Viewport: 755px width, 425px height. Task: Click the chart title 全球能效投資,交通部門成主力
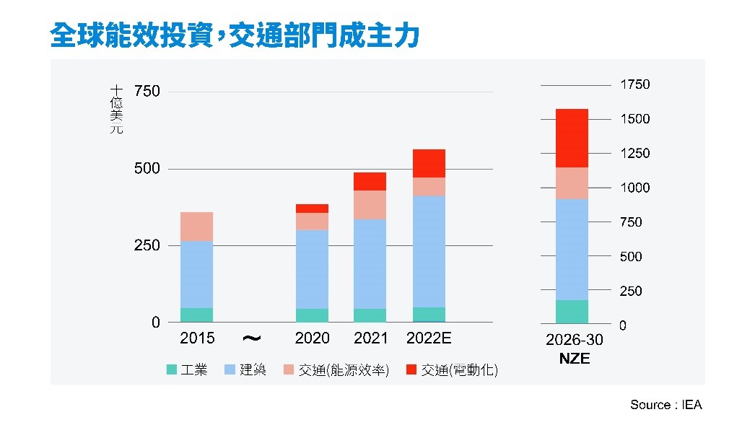click(235, 35)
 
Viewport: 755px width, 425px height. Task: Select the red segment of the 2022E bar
click(429, 163)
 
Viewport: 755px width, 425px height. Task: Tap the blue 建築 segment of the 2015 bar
click(196, 274)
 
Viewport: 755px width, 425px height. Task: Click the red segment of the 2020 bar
click(312, 209)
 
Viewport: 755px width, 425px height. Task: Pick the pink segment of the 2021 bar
click(370, 205)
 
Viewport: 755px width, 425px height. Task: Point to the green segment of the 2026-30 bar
click(572, 312)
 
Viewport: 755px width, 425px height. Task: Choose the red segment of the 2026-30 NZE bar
click(572, 139)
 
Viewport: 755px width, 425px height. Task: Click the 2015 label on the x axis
click(197, 338)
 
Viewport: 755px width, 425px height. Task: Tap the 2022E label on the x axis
click(429, 338)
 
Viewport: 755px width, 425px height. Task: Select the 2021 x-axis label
click(370, 338)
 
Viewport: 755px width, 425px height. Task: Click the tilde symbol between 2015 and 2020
click(252, 338)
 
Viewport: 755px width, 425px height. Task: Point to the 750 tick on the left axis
click(147, 92)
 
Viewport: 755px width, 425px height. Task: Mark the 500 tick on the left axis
click(147, 169)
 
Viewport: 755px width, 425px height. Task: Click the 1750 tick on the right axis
click(634, 84)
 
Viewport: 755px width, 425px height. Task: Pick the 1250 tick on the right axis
click(634, 154)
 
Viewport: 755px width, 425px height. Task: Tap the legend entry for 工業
click(187, 370)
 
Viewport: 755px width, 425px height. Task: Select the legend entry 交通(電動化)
click(451, 370)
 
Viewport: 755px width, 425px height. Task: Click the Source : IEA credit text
click(665, 405)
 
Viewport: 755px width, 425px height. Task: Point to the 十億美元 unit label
click(116, 109)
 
